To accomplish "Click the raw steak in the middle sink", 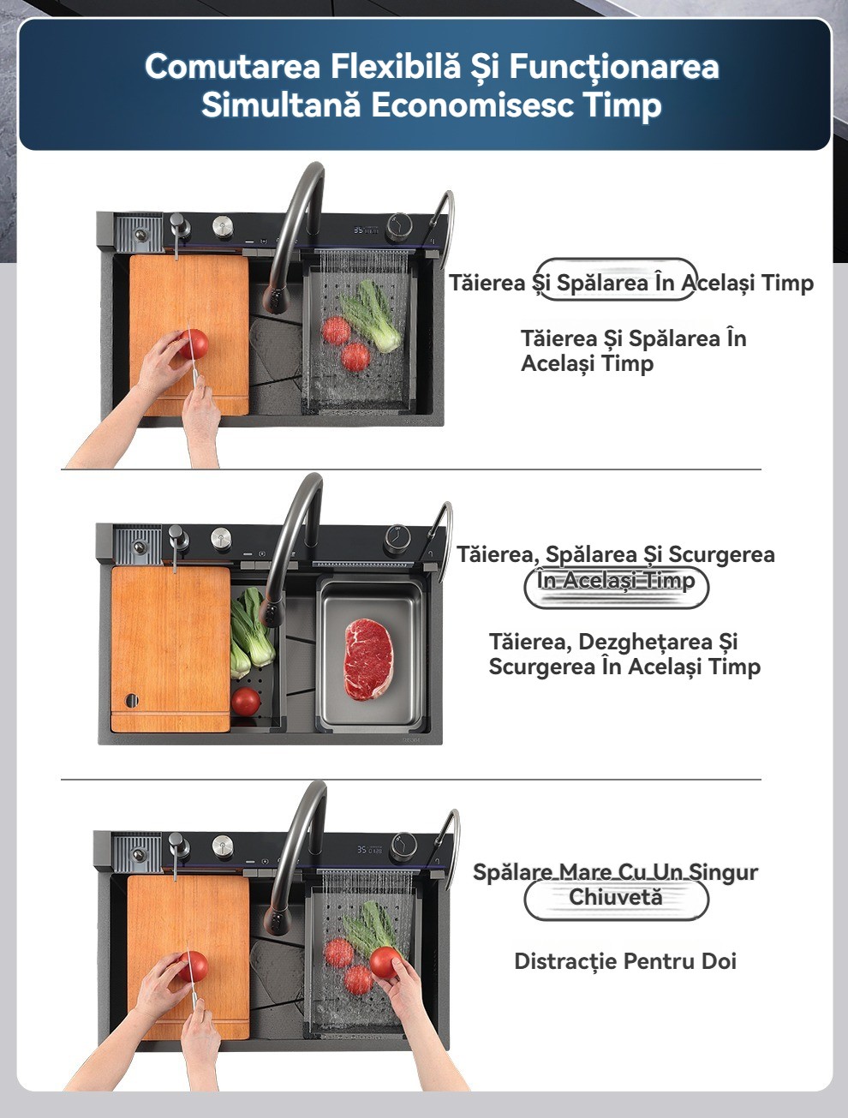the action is click(368, 659).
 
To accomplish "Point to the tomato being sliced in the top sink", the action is click(194, 343).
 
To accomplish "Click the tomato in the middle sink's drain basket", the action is click(246, 701).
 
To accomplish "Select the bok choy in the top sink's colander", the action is click(371, 315).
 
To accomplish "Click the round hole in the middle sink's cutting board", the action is click(131, 700).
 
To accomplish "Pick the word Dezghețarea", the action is click(646, 642).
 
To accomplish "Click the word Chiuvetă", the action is click(616, 897).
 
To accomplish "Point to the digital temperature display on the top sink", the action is click(367, 230).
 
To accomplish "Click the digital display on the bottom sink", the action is click(370, 849).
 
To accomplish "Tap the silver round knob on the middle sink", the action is click(221, 537).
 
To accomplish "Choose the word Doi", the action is click(719, 961).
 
